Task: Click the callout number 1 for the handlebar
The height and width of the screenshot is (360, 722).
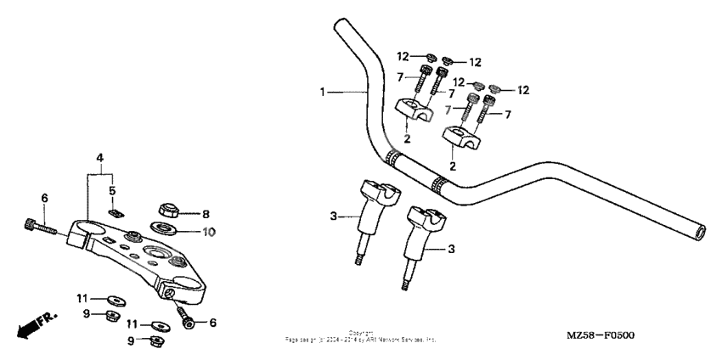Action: point(323,92)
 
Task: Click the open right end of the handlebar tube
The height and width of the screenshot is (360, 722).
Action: point(698,230)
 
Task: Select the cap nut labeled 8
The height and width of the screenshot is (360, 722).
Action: point(167,211)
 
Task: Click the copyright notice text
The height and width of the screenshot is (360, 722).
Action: point(361,337)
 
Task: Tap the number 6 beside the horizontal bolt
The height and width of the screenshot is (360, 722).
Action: point(45,198)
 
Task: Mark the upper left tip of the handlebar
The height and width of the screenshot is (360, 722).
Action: point(340,25)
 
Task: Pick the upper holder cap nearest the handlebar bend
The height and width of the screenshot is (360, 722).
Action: point(412,109)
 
